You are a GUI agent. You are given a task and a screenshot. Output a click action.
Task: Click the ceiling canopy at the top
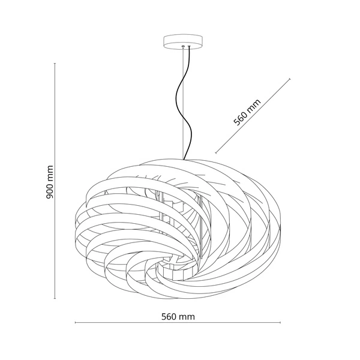(x=183, y=42)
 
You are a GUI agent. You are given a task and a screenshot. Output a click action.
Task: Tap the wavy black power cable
(x=183, y=103)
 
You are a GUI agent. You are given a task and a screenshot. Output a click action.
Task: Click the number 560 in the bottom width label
(x=169, y=317)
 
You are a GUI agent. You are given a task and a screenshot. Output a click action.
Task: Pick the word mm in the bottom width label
(x=187, y=317)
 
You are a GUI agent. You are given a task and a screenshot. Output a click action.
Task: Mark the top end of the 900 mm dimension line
(x=55, y=63)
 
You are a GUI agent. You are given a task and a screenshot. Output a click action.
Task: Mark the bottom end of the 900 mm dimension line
(x=55, y=298)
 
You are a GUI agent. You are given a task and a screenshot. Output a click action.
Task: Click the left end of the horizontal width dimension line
(x=76, y=323)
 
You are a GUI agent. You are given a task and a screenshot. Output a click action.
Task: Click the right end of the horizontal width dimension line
(x=280, y=323)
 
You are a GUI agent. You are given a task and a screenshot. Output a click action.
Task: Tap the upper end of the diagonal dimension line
(x=290, y=79)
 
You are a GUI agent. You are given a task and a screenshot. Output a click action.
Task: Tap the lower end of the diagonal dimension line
(x=216, y=152)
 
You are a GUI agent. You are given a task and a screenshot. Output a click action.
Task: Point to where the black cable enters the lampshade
(x=184, y=159)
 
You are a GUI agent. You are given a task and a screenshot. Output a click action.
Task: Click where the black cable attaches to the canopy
(x=190, y=47)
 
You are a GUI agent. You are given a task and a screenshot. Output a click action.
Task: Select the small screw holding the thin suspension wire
(x=183, y=47)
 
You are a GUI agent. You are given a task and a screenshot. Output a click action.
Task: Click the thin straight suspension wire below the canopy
(x=183, y=103)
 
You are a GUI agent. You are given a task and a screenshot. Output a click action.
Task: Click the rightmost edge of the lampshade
(x=280, y=230)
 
